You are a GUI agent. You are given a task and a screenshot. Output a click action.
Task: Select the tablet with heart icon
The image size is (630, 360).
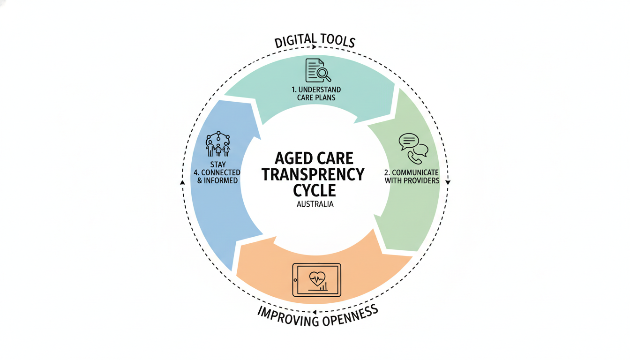[x=316, y=280]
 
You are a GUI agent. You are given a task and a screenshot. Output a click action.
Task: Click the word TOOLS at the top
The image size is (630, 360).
[x=336, y=40]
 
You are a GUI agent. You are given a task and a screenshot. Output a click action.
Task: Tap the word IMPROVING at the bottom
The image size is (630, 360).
[x=286, y=319]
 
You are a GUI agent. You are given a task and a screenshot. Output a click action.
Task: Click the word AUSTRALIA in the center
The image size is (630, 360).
[x=315, y=205]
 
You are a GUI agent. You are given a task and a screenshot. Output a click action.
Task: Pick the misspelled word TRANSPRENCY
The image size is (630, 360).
[x=313, y=174]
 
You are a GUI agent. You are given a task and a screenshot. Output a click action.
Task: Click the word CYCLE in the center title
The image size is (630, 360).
[x=315, y=190]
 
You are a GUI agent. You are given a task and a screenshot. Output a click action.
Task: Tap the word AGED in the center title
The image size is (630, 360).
[x=291, y=157]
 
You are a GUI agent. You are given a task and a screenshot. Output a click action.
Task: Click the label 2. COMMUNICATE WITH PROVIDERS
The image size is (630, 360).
[x=412, y=176]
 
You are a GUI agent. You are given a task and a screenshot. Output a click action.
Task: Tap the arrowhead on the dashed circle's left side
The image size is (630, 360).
[x=182, y=181]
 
